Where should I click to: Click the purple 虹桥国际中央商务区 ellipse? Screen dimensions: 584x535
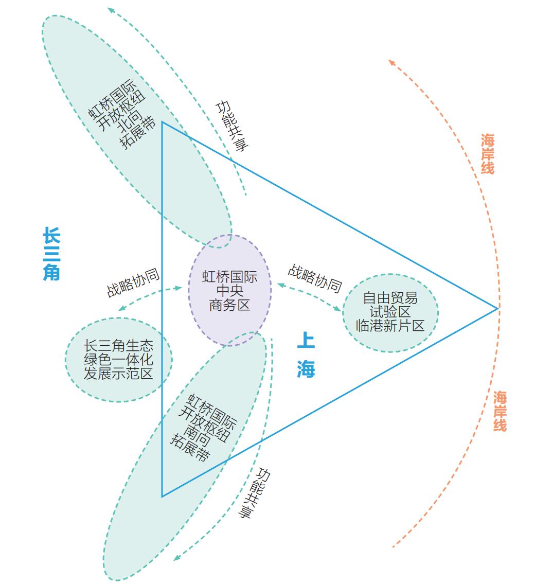coord(229,291)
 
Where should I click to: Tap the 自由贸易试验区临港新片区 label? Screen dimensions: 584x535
coord(390,312)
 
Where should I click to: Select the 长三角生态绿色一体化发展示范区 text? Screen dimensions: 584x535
coord(119,360)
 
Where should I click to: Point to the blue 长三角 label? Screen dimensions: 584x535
coord(51,254)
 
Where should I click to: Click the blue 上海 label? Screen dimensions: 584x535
coord(306,355)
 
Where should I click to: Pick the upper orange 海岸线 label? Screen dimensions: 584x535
coord(488,154)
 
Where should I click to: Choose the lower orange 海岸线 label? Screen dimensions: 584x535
coord(500,411)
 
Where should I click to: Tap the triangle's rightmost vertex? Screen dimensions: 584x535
coord(497,309)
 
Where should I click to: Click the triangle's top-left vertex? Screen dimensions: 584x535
coord(162,122)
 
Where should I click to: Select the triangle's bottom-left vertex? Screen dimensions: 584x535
coord(162,497)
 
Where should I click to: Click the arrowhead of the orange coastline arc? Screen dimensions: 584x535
coord(391,62)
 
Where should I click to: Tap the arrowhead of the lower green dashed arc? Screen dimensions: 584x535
coord(176,558)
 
